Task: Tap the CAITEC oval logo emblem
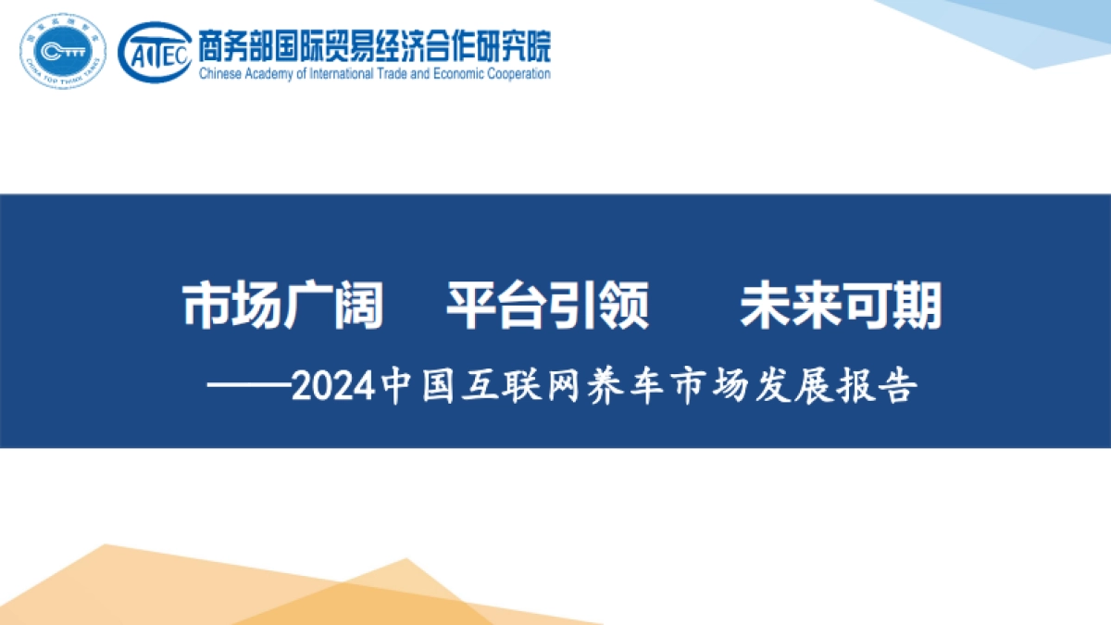(155, 51)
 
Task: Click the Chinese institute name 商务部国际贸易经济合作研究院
(374, 42)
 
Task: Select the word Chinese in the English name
(222, 73)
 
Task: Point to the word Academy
(272, 73)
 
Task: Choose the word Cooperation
(523, 73)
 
